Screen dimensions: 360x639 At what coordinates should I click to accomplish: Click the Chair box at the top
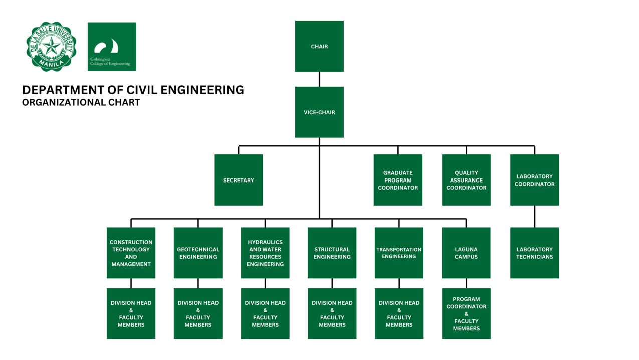tap(319, 46)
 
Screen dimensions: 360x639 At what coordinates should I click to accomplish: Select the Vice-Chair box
tap(319, 112)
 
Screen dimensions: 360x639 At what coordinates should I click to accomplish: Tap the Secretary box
tap(238, 180)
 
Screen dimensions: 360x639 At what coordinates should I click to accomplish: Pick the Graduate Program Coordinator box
tap(398, 180)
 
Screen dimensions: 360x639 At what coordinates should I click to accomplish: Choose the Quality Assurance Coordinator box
tap(466, 180)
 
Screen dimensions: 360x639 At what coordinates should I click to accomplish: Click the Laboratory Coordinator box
tap(534, 180)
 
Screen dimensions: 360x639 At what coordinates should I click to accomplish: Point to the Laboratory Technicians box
tap(534, 253)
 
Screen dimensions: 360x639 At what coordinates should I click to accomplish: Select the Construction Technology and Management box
tap(131, 253)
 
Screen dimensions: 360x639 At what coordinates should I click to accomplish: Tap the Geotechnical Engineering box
tap(198, 253)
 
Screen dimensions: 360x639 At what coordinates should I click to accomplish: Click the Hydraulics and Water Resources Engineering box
tap(265, 253)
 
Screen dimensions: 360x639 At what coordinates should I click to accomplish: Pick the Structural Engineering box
tap(332, 253)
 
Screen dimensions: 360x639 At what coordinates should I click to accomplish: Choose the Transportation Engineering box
tap(399, 253)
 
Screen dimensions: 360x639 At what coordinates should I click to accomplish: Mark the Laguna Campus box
tap(466, 253)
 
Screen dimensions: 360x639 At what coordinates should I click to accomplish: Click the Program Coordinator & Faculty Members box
tap(466, 314)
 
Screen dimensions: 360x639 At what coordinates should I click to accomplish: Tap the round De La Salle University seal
tap(51, 47)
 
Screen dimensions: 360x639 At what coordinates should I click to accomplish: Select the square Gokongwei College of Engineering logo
tap(112, 47)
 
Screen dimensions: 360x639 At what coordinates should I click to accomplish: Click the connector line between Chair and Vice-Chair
tap(319, 79)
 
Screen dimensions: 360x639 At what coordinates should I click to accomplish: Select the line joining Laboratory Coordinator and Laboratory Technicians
tap(534, 217)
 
